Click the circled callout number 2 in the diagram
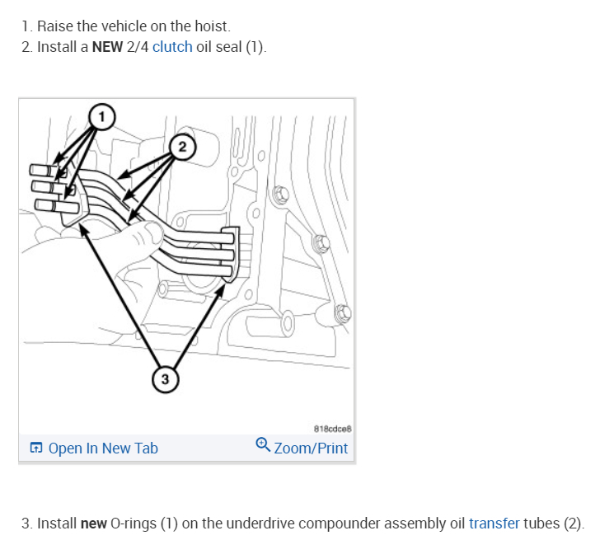click(x=182, y=147)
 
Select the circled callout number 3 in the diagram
click(x=165, y=378)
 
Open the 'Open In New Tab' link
click(x=103, y=448)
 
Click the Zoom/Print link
click(x=311, y=448)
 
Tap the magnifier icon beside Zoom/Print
click(x=262, y=445)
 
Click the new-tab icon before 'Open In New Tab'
click(x=36, y=448)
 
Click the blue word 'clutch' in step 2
click(x=172, y=46)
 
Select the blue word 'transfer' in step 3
click(x=494, y=524)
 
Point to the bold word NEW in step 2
click(x=107, y=46)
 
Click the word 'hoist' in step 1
click(x=199, y=26)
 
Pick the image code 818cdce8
click(x=331, y=429)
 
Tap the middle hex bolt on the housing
click(x=322, y=244)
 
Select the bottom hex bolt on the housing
click(x=344, y=312)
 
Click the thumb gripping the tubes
click(x=146, y=235)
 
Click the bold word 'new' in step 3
click(x=94, y=524)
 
